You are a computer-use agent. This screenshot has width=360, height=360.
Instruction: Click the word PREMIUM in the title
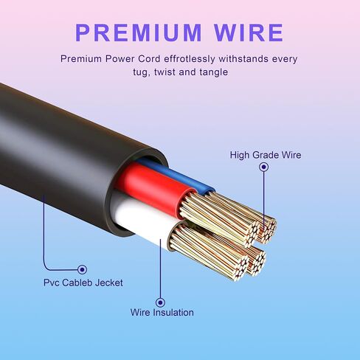click(x=139, y=32)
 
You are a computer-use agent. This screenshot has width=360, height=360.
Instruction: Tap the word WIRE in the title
click(x=249, y=32)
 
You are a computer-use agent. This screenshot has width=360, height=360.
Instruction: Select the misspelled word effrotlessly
click(x=190, y=59)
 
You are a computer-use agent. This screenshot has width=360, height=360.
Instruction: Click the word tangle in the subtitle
click(x=214, y=72)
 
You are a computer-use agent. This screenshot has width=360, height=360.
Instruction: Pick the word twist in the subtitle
click(x=165, y=72)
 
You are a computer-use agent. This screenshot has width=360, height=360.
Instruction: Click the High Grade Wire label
click(x=266, y=155)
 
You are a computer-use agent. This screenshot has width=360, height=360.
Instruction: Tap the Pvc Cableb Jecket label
click(x=83, y=283)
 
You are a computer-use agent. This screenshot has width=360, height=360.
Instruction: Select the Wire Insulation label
click(x=162, y=313)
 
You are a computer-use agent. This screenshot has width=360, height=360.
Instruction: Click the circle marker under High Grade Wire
click(x=264, y=167)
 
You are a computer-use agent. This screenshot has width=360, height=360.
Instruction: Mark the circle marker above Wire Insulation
click(x=160, y=302)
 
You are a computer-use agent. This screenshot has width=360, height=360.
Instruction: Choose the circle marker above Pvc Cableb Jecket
click(x=82, y=269)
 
